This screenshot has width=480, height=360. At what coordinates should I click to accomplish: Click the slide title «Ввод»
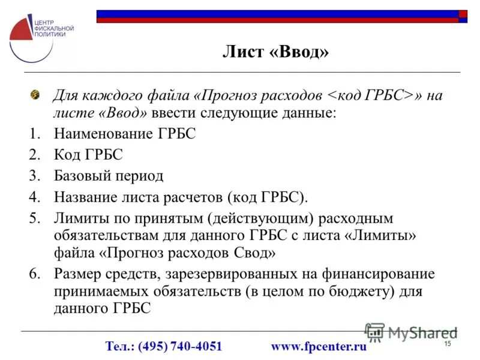click(299, 52)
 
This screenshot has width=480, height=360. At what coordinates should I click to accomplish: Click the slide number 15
click(447, 343)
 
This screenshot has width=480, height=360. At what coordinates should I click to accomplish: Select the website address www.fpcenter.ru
click(319, 346)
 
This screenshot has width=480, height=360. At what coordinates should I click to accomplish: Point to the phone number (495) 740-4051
click(180, 346)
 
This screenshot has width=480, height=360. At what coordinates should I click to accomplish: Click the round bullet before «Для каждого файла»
click(35, 95)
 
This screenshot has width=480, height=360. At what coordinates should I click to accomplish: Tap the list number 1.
click(34, 134)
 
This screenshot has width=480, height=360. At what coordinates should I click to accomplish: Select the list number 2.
click(34, 155)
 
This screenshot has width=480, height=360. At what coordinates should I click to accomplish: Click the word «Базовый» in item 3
click(79, 176)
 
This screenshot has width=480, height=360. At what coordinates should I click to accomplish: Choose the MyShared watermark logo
click(411, 332)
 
